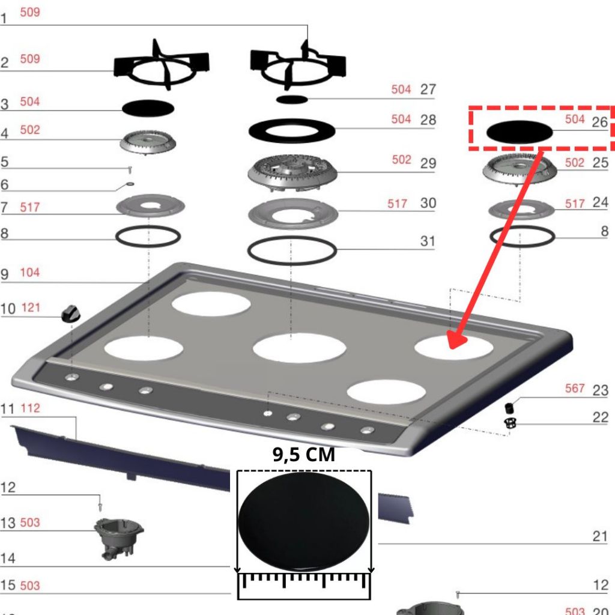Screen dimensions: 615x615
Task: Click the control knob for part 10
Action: [71, 314]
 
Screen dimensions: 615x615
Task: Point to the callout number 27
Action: [428, 89]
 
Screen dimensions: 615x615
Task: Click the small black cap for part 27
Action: [292, 100]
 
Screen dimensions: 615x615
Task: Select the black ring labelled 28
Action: [292, 130]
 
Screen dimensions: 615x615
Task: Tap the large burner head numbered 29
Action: [292, 173]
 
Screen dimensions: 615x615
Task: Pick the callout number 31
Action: [428, 241]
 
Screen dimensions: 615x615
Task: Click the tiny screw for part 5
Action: [130, 169]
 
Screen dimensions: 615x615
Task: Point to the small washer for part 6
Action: [130, 184]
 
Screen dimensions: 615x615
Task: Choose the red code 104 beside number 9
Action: [30, 272]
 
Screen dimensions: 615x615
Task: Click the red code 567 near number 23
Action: [575, 389]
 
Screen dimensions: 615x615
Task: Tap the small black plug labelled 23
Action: [509, 408]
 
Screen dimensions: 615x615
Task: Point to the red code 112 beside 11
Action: [30, 408]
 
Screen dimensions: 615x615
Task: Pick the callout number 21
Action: [600, 536]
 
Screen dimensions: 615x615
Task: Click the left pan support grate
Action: [161, 65]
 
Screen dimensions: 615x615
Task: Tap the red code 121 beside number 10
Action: [31, 307]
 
